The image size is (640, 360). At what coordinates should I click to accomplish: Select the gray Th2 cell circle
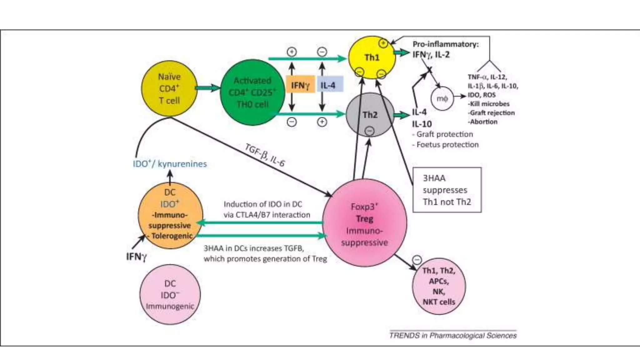coord(370,115)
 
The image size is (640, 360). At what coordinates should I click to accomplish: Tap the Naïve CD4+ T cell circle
coord(169,89)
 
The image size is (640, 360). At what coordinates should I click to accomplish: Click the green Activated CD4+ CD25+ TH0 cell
coord(252,92)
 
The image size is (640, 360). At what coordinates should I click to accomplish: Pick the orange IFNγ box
coord(300,85)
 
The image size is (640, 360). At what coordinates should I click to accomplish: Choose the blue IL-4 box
coord(330,85)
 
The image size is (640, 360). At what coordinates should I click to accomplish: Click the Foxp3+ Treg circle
coord(364,223)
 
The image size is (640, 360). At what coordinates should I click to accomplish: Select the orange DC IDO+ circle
coord(170,215)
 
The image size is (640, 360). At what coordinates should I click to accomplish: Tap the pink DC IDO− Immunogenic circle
coord(170,295)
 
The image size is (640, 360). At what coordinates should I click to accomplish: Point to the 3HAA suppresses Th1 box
coord(447,190)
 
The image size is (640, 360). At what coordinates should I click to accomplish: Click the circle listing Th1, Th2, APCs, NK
coord(439,286)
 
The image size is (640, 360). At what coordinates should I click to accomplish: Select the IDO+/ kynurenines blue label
coord(170,164)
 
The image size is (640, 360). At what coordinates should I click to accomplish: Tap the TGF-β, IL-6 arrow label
coord(264,155)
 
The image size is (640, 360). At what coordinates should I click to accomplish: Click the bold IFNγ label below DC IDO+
coord(136,257)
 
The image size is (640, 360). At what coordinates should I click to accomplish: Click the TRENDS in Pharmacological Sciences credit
coord(453,336)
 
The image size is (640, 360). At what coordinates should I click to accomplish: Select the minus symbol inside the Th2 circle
coord(369,131)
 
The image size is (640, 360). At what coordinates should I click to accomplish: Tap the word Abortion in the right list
coord(483,122)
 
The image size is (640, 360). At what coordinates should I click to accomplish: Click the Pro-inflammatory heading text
coord(446,44)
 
